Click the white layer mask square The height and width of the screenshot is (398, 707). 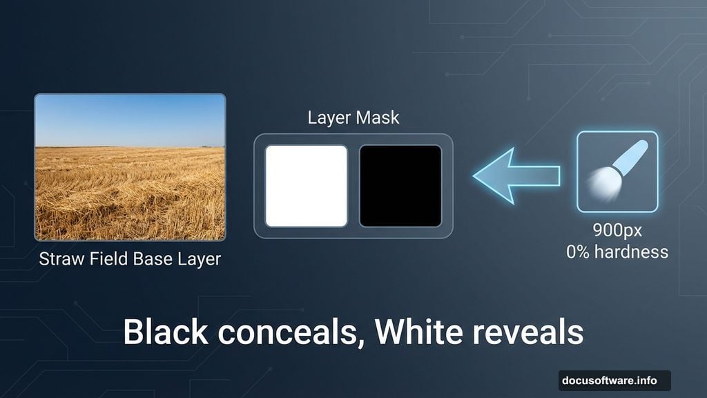pos(306,186)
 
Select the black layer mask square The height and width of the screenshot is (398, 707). pos(400,186)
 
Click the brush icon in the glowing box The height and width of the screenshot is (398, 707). pos(617,171)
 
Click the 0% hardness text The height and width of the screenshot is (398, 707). pos(617,252)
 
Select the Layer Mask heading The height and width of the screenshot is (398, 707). pos(353,117)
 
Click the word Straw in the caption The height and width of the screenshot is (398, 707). pos(60,260)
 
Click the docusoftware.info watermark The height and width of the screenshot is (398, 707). pos(614,380)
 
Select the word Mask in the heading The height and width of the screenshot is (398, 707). pos(377,117)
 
